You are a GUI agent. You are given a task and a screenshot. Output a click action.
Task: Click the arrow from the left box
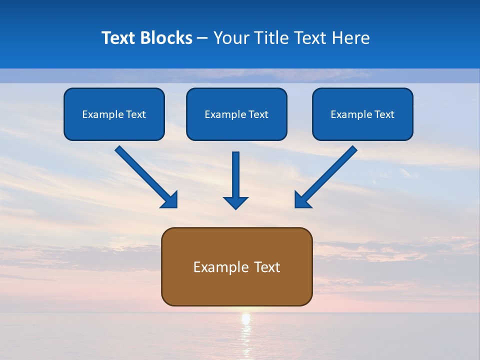click(x=145, y=176)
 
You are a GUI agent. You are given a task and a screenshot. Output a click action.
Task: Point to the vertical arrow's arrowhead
click(x=236, y=202)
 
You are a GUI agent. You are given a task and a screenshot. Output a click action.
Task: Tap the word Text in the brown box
click(x=266, y=267)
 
